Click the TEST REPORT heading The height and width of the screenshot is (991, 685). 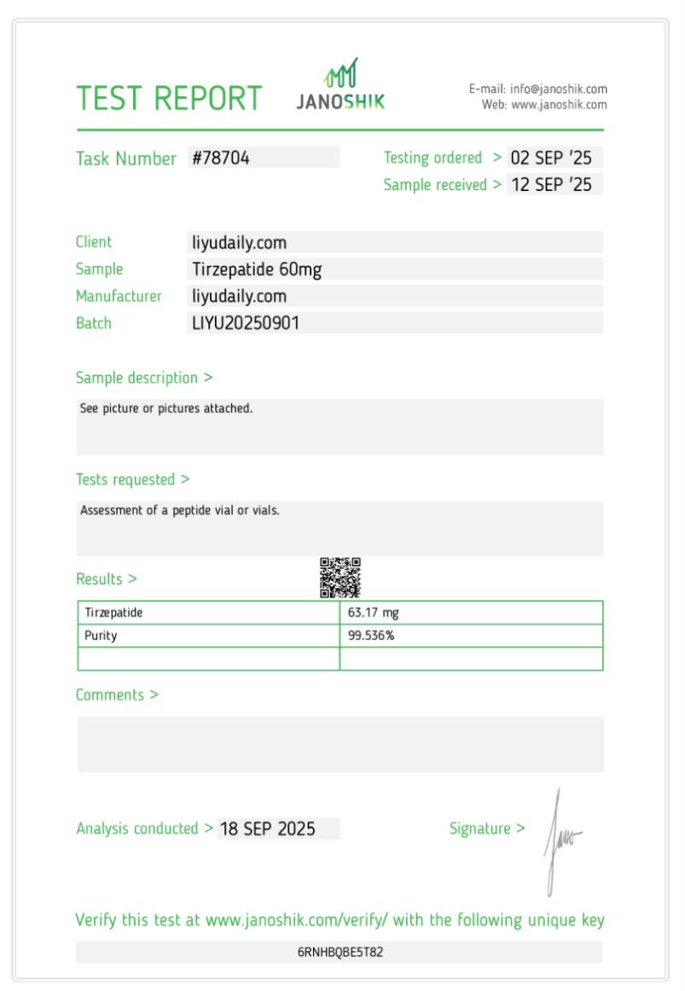[x=169, y=99]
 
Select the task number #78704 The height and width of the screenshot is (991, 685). [x=221, y=158]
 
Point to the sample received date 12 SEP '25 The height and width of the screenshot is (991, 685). [x=551, y=184]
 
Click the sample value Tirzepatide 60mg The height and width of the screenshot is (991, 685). [x=257, y=269]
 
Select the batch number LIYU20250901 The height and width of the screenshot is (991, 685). [x=246, y=323]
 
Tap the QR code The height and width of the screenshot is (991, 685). [x=340, y=577]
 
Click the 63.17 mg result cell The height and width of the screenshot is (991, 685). [x=373, y=612]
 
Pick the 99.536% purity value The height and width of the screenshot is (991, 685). [x=371, y=635]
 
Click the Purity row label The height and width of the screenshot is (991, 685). [x=101, y=635]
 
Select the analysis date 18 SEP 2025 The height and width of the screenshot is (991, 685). [x=268, y=828]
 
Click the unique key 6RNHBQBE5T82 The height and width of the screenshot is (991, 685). [x=340, y=952]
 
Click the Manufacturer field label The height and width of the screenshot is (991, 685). [x=119, y=296]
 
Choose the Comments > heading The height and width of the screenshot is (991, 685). [x=117, y=694]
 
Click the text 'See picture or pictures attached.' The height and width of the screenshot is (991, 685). [x=166, y=409]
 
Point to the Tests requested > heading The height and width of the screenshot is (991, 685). [x=132, y=479]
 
